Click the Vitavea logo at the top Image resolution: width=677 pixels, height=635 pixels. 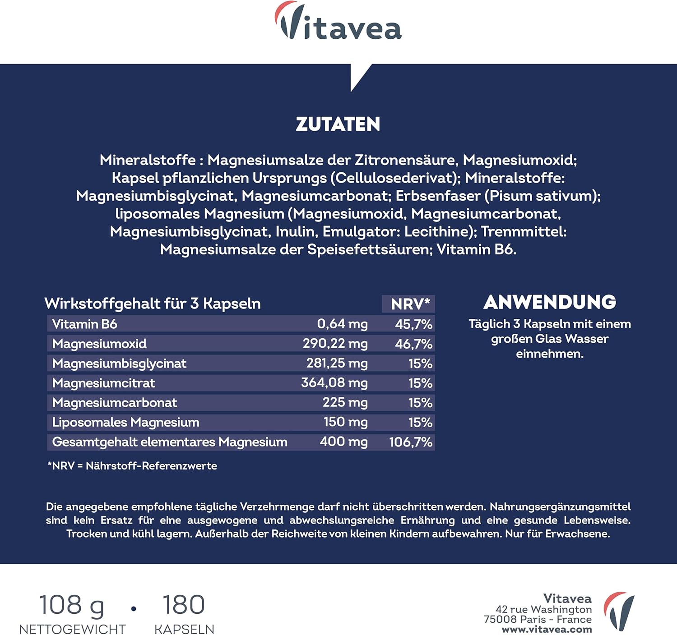pos(338,23)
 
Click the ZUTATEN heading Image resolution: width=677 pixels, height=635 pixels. pos(338,124)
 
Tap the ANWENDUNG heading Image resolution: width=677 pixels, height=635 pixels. pos(550,303)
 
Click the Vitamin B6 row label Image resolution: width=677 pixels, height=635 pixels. pos(85,324)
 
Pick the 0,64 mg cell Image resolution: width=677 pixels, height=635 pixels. pos(342,324)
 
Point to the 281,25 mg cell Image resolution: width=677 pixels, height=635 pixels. pos(337,364)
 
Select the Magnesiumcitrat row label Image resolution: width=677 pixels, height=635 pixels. pos(104,383)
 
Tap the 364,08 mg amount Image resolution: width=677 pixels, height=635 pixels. pos(334,383)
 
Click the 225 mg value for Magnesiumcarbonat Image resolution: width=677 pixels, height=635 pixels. pos(345,403)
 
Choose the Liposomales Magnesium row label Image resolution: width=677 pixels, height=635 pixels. pos(126,423)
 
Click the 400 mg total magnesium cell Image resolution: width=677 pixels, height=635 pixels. pos(343,442)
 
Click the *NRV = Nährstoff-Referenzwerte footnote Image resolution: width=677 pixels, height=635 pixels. pos(132,466)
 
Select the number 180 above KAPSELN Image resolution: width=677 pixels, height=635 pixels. pos(183,605)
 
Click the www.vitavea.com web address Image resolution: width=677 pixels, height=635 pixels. pos(547,630)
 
